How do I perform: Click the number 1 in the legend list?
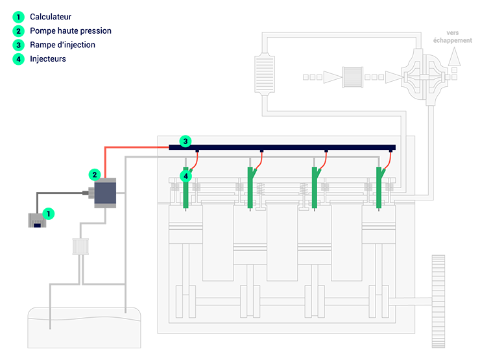(x=19, y=17)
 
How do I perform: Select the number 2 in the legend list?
(x=19, y=31)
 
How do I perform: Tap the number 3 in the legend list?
(x=19, y=45)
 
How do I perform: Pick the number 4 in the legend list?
(x=19, y=59)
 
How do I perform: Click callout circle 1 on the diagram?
(x=47, y=212)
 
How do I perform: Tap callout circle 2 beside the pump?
(x=95, y=174)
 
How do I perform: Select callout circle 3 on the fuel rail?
(x=186, y=141)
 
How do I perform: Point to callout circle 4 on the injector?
(x=186, y=176)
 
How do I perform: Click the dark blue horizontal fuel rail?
(x=292, y=147)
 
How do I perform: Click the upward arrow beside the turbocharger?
(x=454, y=59)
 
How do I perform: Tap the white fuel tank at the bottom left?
(x=84, y=328)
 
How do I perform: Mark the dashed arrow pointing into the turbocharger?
(x=383, y=77)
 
